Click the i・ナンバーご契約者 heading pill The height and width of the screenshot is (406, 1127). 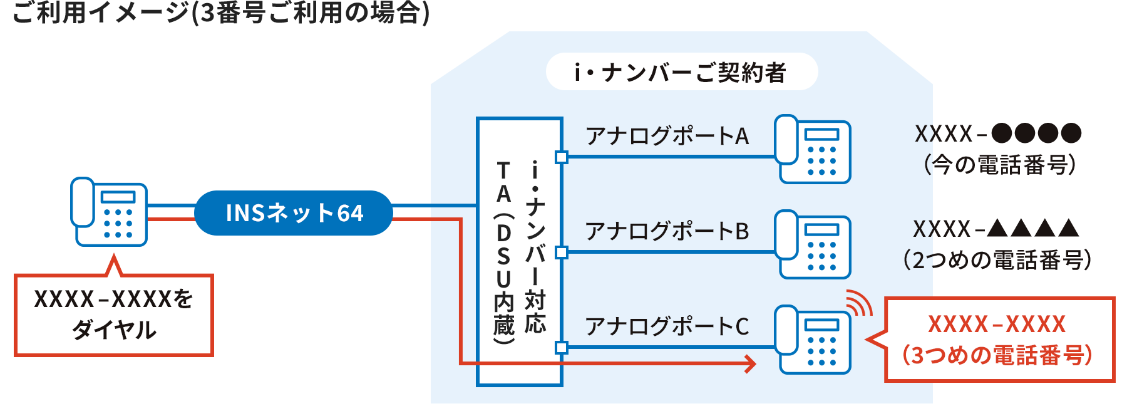[681, 72]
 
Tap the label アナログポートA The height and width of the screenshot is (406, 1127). [667, 136]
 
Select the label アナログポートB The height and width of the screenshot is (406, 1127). [667, 231]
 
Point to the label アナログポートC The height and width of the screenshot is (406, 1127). [667, 326]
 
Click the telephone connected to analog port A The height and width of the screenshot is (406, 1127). [813, 149]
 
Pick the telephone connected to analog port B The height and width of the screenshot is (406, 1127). [813, 244]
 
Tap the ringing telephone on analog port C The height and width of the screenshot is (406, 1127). [813, 340]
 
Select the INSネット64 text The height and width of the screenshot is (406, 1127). [294, 213]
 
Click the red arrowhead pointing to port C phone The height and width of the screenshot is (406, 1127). [750, 363]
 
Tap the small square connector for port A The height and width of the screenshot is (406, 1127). [562, 157]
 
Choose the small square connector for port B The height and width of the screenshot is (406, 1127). [562, 252]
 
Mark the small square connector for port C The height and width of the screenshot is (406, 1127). [562, 348]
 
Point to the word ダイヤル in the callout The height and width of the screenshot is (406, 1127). [114, 330]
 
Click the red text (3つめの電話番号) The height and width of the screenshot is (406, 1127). [997, 355]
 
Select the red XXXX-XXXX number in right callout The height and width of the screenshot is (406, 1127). [997, 325]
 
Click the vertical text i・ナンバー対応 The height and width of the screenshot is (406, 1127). [535, 247]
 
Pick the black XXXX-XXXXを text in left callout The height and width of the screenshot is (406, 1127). [114, 299]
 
